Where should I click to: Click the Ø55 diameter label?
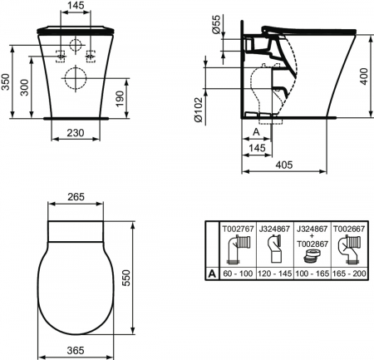pyautogui.click(x=215, y=26)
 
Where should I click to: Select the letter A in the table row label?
pyautogui.click(x=211, y=272)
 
